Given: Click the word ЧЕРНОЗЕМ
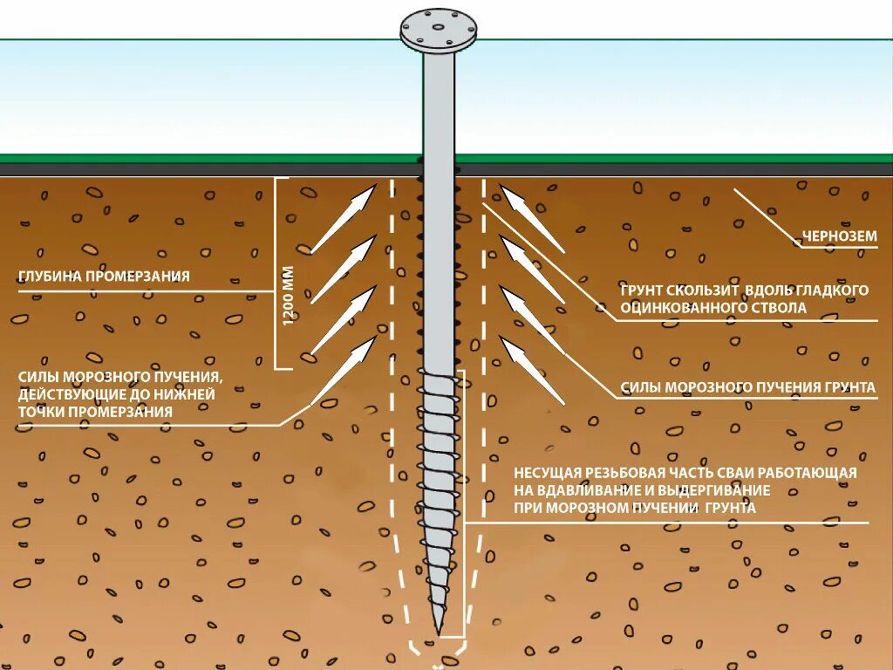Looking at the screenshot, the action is click(x=839, y=236).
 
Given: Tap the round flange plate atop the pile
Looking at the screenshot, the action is click(x=439, y=31).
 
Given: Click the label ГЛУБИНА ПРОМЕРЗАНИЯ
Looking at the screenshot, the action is click(x=104, y=277).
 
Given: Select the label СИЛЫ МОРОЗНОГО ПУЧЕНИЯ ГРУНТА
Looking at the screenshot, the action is click(x=747, y=387).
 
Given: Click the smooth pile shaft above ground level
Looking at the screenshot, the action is click(x=439, y=105).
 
